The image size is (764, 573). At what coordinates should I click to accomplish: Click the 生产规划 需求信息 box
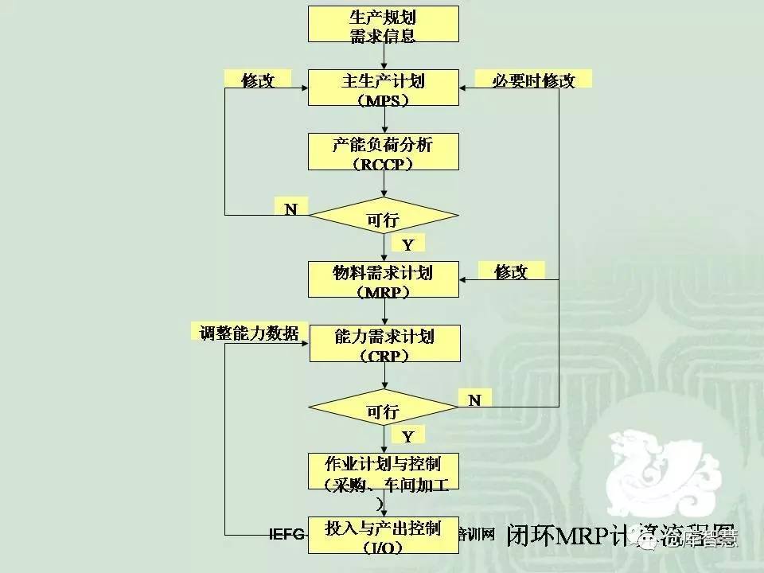(x=383, y=25)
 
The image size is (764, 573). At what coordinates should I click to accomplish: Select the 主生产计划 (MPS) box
(x=383, y=88)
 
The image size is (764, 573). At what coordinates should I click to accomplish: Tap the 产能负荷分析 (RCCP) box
(x=383, y=151)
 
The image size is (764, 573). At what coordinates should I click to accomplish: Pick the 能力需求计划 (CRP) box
(x=383, y=344)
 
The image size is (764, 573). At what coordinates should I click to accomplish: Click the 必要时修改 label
(x=534, y=80)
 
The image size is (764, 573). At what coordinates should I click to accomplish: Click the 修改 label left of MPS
(x=257, y=80)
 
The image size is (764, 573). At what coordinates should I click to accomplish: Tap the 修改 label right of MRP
(x=511, y=271)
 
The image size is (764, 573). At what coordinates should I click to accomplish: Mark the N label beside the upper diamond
(x=291, y=208)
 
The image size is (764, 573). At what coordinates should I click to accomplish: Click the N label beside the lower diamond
(x=475, y=400)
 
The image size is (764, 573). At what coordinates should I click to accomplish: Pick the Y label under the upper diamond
(x=407, y=244)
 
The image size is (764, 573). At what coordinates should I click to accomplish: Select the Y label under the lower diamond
(x=407, y=435)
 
